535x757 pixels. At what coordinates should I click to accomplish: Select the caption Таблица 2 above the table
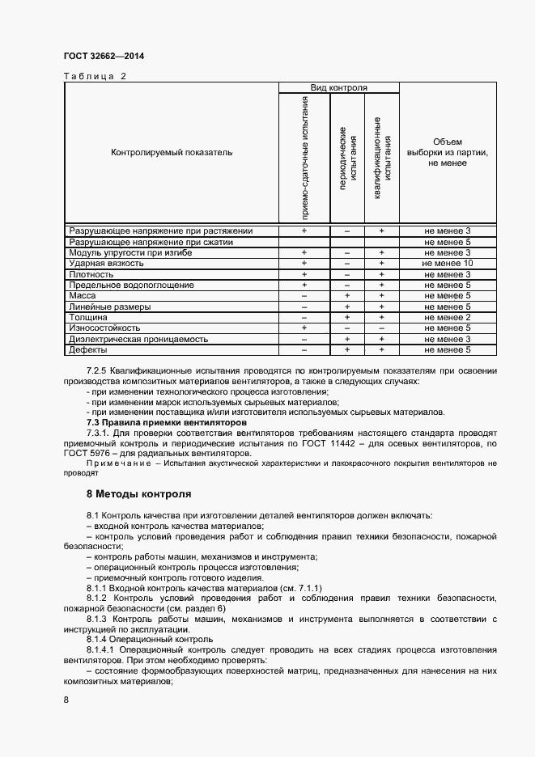[x=95, y=77]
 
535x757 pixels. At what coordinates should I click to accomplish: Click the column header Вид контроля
[x=339, y=87]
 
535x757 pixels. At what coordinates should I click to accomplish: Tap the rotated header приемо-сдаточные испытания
[x=304, y=157]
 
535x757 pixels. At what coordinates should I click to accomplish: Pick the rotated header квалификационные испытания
[x=382, y=157]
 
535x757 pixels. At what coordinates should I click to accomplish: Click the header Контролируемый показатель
[x=172, y=152]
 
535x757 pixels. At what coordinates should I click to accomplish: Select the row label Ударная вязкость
[x=107, y=264]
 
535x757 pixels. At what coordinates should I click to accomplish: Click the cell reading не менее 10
[x=448, y=264]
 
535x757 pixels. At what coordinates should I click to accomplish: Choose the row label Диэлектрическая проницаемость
[x=139, y=340]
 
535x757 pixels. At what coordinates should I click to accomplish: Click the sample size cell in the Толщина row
[x=448, y=318]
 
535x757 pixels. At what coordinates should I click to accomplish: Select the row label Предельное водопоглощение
[x=131, y=285]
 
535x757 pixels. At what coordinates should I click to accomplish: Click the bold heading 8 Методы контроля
[x=138, y=493]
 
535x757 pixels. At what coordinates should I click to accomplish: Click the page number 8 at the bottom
[x=66, y=700]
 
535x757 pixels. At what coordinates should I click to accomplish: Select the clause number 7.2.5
[x=99, y=370]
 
